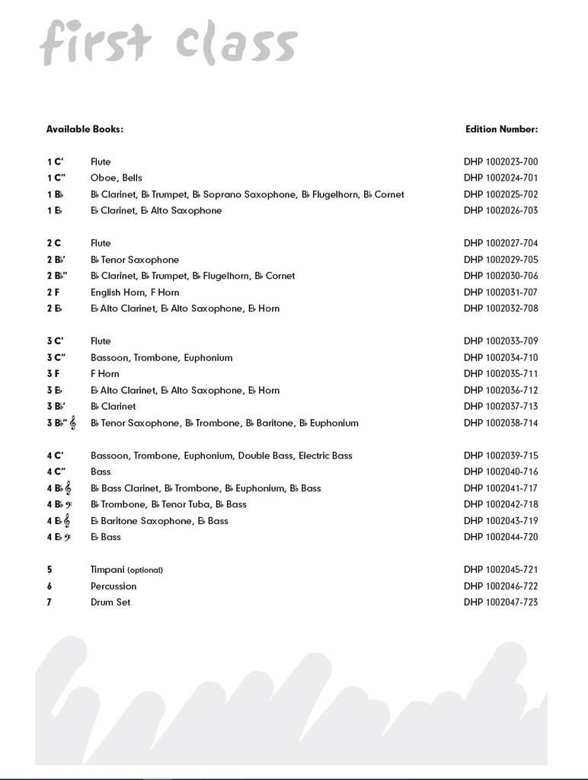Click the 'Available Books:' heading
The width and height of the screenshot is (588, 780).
click(85, 129)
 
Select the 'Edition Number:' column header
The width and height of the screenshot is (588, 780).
click(501, 129)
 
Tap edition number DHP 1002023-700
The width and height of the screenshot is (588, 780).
click(500, 161)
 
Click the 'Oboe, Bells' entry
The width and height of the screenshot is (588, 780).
click(117, 178)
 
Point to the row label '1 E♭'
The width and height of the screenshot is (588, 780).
click(54, 211)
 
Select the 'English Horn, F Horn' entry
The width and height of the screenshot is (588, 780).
click(135, 292)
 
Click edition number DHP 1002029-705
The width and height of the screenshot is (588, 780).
click(500, 260)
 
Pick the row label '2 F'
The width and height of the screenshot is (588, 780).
click(53, 292)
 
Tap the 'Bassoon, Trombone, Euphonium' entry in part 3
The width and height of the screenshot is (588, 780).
click(161, 358)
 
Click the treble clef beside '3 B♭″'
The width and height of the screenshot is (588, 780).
click(73, 423)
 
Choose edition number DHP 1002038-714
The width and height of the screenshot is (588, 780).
click(500, 423)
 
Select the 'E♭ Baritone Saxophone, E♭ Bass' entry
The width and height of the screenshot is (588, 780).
click(159, 521)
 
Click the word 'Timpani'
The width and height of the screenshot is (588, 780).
click(107, 570)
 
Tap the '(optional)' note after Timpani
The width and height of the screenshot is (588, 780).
click(145, 570)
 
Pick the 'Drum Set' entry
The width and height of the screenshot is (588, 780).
click(110, 603)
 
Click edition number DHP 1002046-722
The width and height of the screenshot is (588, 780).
click(500, 587)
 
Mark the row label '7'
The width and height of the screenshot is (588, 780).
click(49, 603)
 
